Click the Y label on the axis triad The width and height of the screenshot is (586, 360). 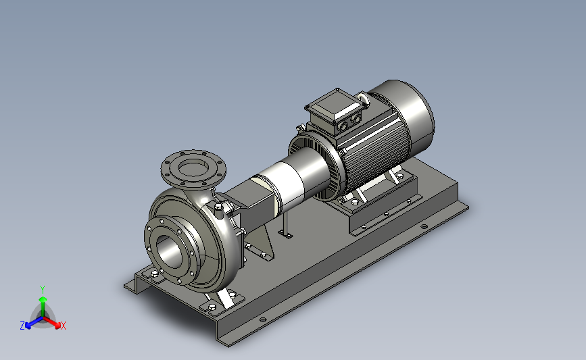tap(43, 290)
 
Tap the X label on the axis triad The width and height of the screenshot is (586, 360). tap(64, 326)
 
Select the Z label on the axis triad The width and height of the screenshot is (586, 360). tap(22, 326)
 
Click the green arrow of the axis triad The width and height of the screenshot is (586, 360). tap(43, 306)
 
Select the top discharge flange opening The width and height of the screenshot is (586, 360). tap(193, 168)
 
